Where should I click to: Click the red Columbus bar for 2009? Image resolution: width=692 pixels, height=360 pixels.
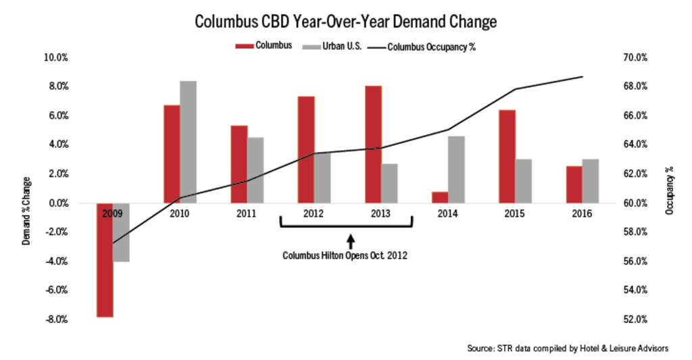105,259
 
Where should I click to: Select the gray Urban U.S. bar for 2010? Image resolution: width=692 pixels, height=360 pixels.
189,142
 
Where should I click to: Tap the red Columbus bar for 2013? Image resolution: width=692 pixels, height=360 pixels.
373,144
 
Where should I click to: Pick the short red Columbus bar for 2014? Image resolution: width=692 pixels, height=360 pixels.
440,197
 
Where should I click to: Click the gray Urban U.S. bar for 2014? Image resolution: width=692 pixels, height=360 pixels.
456,170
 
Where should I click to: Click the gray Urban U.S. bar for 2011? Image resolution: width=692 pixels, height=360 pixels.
255,170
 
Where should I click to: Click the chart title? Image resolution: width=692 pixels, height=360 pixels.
345,22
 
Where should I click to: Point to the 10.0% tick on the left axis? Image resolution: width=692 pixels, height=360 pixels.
55,58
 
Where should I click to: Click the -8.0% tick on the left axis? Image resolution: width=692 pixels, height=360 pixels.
55,319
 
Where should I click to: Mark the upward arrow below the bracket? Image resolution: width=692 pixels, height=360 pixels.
350,241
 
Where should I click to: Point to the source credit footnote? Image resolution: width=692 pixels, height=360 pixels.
568,349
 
